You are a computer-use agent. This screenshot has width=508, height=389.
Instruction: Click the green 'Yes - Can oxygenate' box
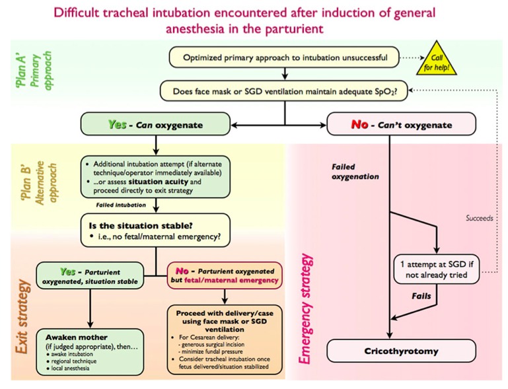tap(155, 123)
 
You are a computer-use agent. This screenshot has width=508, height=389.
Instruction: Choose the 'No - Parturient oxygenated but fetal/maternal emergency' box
tap(227, 275)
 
